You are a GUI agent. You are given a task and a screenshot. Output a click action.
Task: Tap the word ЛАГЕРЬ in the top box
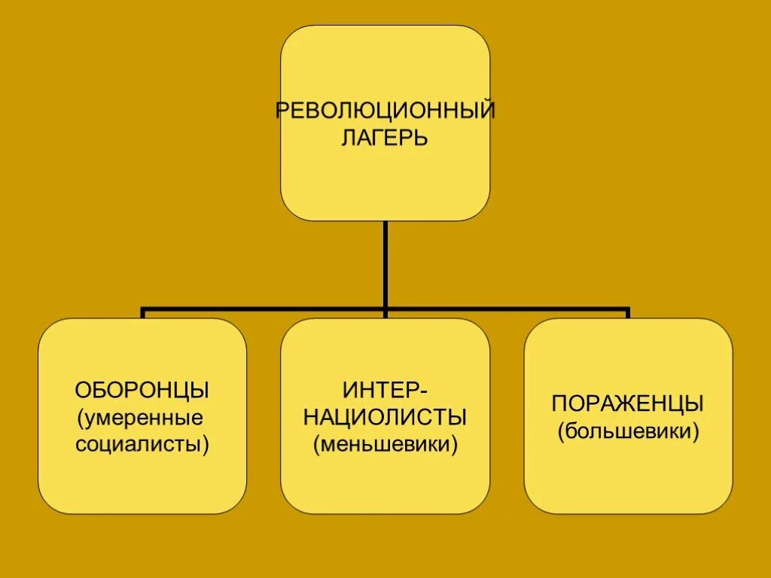coord(385,138)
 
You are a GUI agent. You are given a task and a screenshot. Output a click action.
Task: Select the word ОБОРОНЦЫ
coord(142,391)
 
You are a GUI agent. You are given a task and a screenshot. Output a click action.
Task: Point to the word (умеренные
coord(142,418)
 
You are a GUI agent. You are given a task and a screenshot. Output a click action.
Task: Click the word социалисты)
coord(142,444)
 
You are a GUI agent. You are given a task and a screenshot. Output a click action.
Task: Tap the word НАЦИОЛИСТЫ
coord(385,417)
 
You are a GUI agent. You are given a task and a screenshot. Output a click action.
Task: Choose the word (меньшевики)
coord(385,444)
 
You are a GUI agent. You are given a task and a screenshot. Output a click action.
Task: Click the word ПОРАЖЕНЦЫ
coord(628,404)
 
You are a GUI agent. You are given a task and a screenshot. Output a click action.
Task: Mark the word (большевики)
coord(628,432)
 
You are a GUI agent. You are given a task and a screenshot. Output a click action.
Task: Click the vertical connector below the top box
coord(385,263)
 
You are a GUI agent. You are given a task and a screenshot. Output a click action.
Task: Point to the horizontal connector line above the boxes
coord(264,309)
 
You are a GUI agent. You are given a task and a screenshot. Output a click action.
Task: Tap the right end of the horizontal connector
coord(626,309)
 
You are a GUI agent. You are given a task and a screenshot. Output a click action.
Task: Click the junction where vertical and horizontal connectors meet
coord(385,309)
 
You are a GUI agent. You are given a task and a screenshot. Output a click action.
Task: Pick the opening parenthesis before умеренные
coord(81,418)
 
